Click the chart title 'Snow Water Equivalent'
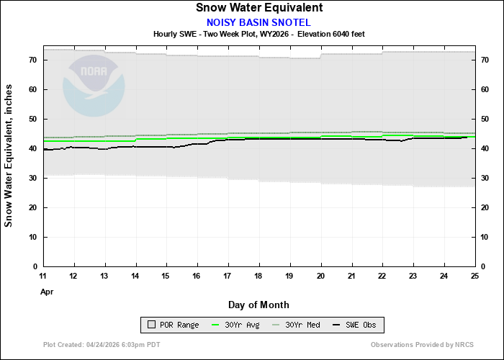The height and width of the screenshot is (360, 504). click(x=258, y=8)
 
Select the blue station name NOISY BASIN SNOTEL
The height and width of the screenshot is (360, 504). click(x=258, y=22)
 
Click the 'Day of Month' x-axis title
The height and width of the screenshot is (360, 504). click(x=258, y=305)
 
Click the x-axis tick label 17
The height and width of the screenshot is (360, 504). click(x=228, y=276)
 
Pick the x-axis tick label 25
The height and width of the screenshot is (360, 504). click(x=474, y=276)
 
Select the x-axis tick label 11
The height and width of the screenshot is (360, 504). click(x=43, y=276)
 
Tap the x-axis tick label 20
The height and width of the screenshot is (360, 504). click(x=320, y=276)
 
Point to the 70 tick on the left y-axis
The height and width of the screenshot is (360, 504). click(x=33, y=60)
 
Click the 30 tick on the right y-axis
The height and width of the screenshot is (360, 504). click(x=484, y=178)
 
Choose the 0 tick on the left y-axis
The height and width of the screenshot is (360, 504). click(x=35, y=266)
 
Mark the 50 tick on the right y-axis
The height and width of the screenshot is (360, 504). click(x=484, y=119)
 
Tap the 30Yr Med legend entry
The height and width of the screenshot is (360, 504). click(x=297, y=325)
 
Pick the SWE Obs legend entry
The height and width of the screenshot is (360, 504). click(x=356, y=325)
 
